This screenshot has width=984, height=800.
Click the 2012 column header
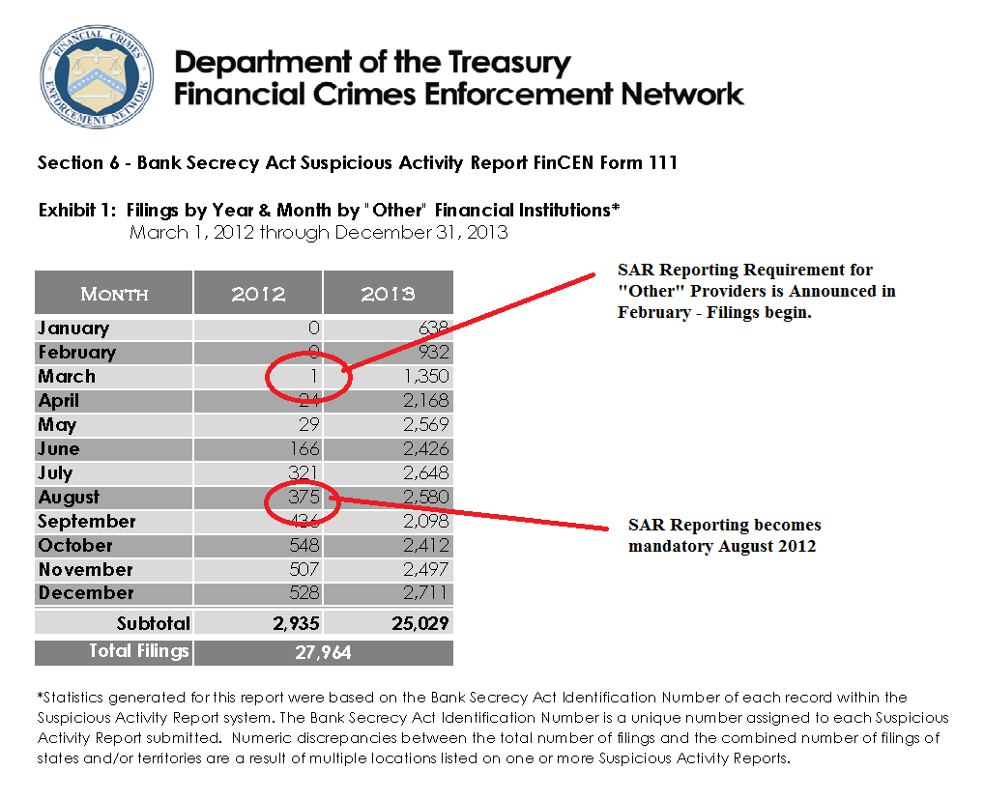coord(258,293)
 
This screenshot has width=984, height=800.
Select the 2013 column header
coord(388,293)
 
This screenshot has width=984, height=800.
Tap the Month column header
coord(114,293)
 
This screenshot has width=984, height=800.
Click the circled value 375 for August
coord(301,498)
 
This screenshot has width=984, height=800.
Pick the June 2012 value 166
coord(304,449)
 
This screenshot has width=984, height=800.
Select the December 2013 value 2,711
coord(424,593)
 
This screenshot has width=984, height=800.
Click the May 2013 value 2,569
coord(424,425)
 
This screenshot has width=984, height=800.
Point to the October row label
coord(75,546)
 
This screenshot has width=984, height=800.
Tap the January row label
coord(73,329)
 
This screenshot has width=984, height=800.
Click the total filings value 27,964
coord(323,653)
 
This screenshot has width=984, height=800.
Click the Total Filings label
coord(139,651)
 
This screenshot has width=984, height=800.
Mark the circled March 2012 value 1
coord(313,377)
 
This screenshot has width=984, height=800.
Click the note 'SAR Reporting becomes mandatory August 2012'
coord(724,535)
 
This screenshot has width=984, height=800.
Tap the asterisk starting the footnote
coord(41,697)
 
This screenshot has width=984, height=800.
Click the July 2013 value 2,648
coord(424,473)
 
